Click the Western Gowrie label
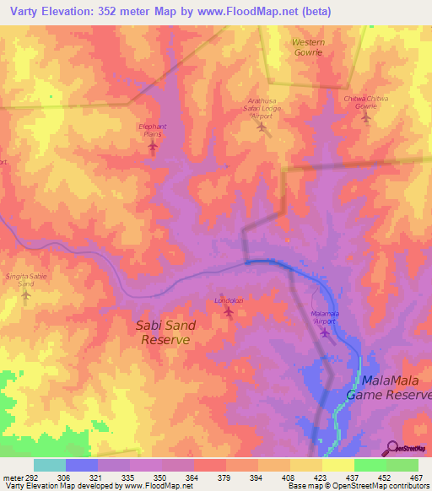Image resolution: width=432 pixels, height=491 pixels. coord(308,46)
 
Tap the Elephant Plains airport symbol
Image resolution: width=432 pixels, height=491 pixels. coord(153,147)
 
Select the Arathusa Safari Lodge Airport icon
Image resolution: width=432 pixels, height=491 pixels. coord(261,128)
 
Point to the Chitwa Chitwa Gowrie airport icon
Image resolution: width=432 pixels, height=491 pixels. coord(365,116)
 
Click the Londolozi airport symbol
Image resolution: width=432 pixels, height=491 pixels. coord(229,312)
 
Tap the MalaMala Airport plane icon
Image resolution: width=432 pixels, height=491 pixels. coord(326,332)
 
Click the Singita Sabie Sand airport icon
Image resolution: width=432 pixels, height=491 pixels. coord(26,295)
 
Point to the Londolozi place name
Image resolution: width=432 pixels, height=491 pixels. coord(229,300)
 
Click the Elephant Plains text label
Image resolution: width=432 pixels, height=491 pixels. coord(153,129)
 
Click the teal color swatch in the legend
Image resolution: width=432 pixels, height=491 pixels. coord(50,465)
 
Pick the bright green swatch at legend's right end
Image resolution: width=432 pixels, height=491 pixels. coord(402,465)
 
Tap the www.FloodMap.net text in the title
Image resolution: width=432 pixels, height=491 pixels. coord(256,12)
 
